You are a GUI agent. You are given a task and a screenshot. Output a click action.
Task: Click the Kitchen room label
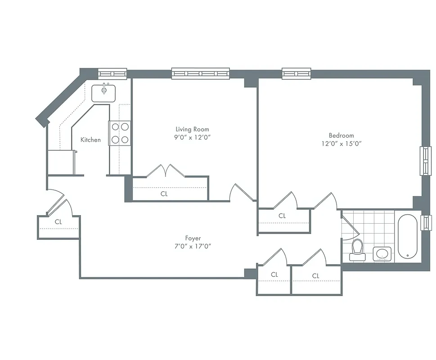click(90, 140)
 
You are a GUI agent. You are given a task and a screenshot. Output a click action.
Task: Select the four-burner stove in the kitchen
click(120, 133)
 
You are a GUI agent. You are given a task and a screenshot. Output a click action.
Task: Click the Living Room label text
click(192, 129)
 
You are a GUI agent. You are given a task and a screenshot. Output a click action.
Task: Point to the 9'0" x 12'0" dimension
click(192, 138)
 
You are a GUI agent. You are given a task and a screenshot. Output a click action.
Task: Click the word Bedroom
click(341, 135)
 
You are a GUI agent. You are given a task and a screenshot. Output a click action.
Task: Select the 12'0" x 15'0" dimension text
click(341, 144)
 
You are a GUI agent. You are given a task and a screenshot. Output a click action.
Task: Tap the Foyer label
click(193, 238)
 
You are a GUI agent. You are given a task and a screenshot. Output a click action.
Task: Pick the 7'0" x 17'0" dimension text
click(193, 246)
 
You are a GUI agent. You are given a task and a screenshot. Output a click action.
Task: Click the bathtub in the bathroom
click(408, 237)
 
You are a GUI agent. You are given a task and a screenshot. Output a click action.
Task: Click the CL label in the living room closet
click(164, 194)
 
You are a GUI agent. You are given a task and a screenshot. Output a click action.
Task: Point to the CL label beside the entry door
click(58, 222)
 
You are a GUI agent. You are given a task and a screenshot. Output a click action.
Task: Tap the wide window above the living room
click(200, 73)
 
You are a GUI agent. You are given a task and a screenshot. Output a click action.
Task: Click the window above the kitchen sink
click(112, 73)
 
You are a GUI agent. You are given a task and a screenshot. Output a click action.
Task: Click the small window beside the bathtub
click(425, 222)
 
